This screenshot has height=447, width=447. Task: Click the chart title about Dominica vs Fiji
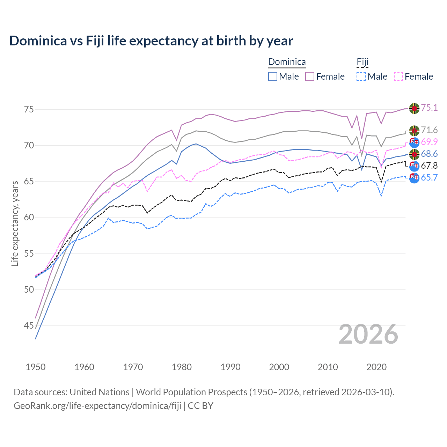[151, 41]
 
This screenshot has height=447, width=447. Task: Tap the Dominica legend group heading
[287, 62]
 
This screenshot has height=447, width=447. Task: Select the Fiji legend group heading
[362, 62]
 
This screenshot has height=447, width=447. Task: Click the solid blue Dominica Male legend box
[273, 76]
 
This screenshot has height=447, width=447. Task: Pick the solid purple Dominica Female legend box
[310, 76]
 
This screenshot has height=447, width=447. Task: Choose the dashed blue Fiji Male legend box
[361, 76]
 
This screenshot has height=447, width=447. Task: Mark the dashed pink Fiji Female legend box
[398, 76]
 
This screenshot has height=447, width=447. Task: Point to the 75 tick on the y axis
[29, 109]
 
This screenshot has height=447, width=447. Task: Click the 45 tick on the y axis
[29, 325]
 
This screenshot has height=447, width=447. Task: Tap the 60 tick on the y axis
[29, 218]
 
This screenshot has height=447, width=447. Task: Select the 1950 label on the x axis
[36, 367]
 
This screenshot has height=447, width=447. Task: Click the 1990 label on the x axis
[230, 367]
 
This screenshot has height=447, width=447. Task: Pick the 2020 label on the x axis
[376, 367]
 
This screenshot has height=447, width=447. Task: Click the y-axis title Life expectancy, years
[15, 223]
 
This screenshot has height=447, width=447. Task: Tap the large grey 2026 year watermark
[368, 334]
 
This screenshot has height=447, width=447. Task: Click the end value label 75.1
[429, 108]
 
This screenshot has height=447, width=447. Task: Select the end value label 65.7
[429, 177]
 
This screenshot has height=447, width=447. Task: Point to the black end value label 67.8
[429, 166]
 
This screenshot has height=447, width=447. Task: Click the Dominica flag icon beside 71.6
[414, 131]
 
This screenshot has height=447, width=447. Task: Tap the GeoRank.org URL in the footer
[97, 405]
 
